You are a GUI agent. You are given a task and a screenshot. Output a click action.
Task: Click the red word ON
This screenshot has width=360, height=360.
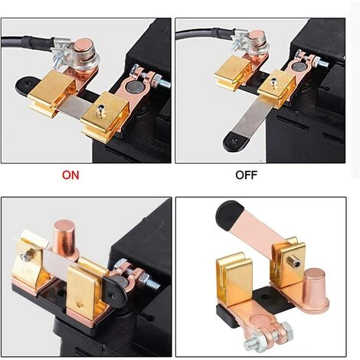70,175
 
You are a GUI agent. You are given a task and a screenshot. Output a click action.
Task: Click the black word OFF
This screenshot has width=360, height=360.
246,175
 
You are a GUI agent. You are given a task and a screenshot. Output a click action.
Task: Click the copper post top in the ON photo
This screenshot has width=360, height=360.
83,44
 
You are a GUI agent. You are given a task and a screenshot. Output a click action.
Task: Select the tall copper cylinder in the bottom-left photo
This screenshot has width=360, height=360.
65,239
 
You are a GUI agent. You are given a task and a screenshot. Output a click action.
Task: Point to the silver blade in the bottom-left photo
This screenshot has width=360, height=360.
57,263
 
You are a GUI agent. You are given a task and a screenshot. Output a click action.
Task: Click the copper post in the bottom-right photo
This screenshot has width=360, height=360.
315,285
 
